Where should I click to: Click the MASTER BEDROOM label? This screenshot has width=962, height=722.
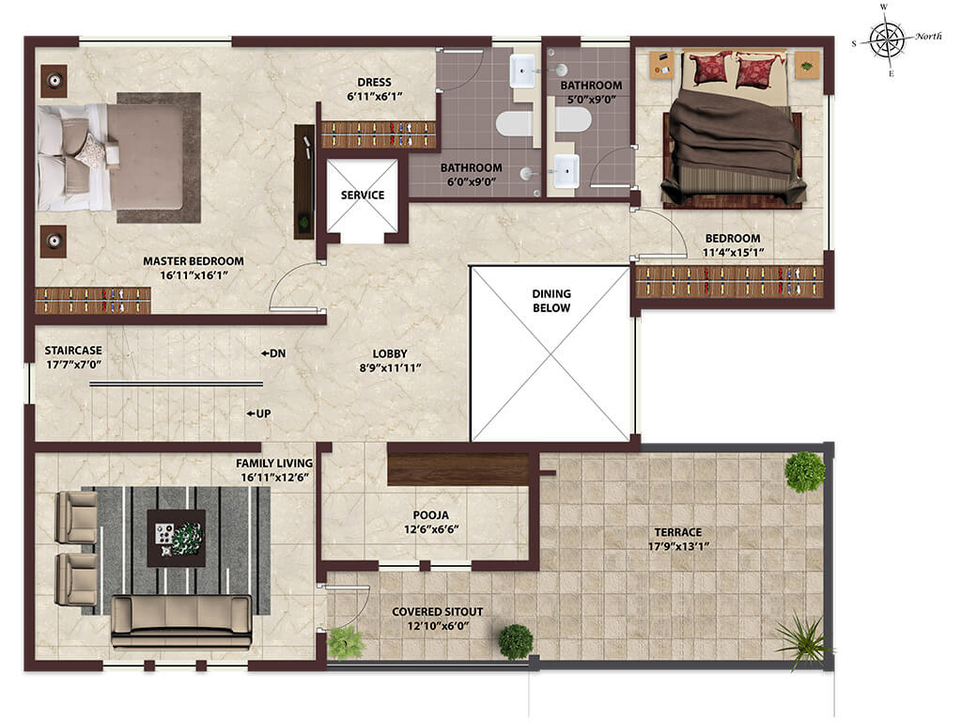coord(194,261)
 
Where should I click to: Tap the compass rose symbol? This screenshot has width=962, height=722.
coord(887,40)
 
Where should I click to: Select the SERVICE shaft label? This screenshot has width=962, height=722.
coord(363,196)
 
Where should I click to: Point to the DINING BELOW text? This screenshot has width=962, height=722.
coord(551,301)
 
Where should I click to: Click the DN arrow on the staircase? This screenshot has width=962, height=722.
coord(265,353)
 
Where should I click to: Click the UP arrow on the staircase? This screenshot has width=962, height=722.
coord(251,414)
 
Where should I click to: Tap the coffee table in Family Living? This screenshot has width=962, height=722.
coord(176,538)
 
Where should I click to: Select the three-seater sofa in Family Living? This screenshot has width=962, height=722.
coord(181,620)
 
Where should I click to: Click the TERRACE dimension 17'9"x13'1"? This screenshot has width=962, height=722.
coord(678,546)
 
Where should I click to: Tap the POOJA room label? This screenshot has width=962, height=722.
coord(430,515)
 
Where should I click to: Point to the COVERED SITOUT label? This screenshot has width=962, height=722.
coord(438,611)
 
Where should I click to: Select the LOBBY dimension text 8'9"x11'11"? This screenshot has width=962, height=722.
coord(390,369)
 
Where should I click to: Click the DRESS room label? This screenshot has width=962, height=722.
coord(374,83)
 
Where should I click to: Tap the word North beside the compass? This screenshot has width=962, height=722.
coord(928,37)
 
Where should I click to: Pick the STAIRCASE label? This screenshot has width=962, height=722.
coord(73,351)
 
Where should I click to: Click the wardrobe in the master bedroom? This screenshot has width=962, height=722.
coord(93,301)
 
